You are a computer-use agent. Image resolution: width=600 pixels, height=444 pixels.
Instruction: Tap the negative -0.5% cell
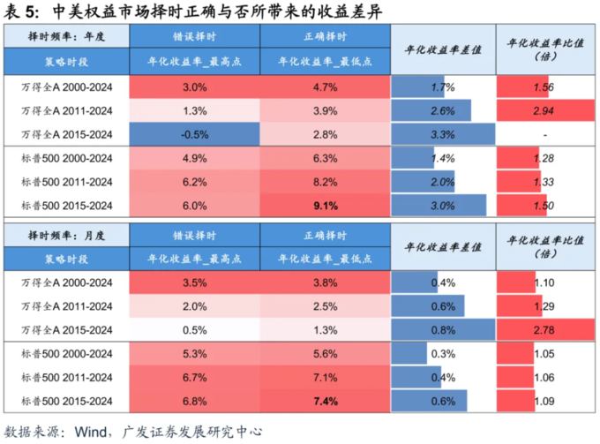tap(194, 134)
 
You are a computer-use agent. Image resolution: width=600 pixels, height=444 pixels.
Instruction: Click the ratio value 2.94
tap(544, 111)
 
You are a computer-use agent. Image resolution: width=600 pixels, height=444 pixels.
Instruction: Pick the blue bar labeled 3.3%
tap(441, 134)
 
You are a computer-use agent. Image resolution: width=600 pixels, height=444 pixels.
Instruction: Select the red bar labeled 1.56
tap(529, 87)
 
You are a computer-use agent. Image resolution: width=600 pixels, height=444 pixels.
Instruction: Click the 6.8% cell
tap(194, 403)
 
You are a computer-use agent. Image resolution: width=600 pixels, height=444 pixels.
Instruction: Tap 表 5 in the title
tap(20, 10)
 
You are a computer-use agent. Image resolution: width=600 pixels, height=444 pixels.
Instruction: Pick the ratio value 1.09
tap(544, 403)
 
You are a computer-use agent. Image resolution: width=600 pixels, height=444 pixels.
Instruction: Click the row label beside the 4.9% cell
tap(66, 158)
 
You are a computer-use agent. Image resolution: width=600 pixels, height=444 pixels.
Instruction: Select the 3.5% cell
tap(194, 282)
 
